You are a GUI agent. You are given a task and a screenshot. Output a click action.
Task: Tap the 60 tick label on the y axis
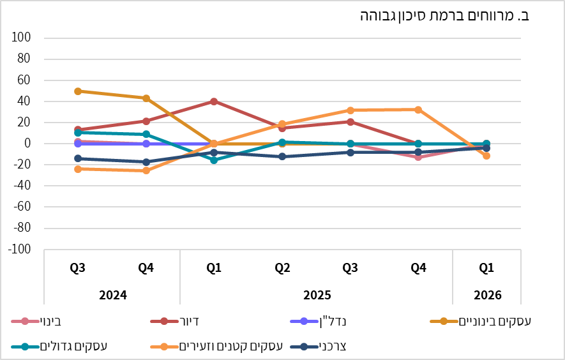tap(24, 80)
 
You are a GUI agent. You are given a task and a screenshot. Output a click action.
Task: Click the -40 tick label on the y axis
tap(22, 186)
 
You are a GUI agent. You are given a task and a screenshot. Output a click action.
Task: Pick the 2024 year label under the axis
tap(112, 296)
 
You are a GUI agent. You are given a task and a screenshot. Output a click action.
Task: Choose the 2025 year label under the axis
tap(316, 296)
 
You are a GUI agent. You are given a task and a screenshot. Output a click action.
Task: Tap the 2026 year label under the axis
tap(487, 296)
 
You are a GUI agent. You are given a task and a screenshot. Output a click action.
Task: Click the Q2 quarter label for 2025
tap(282, 268)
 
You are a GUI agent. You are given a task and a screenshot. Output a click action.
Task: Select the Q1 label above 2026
tap(487, 268)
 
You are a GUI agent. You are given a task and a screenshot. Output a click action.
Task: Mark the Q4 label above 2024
tap(146, 268)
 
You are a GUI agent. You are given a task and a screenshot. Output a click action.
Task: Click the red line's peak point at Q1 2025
tap(214, 101)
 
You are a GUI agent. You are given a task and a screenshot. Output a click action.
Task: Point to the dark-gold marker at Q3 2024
tap(78, 91)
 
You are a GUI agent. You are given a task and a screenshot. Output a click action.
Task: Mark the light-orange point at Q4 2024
tap(146, 170)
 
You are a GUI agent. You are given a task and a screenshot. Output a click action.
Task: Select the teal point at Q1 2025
tap(214, 160)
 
